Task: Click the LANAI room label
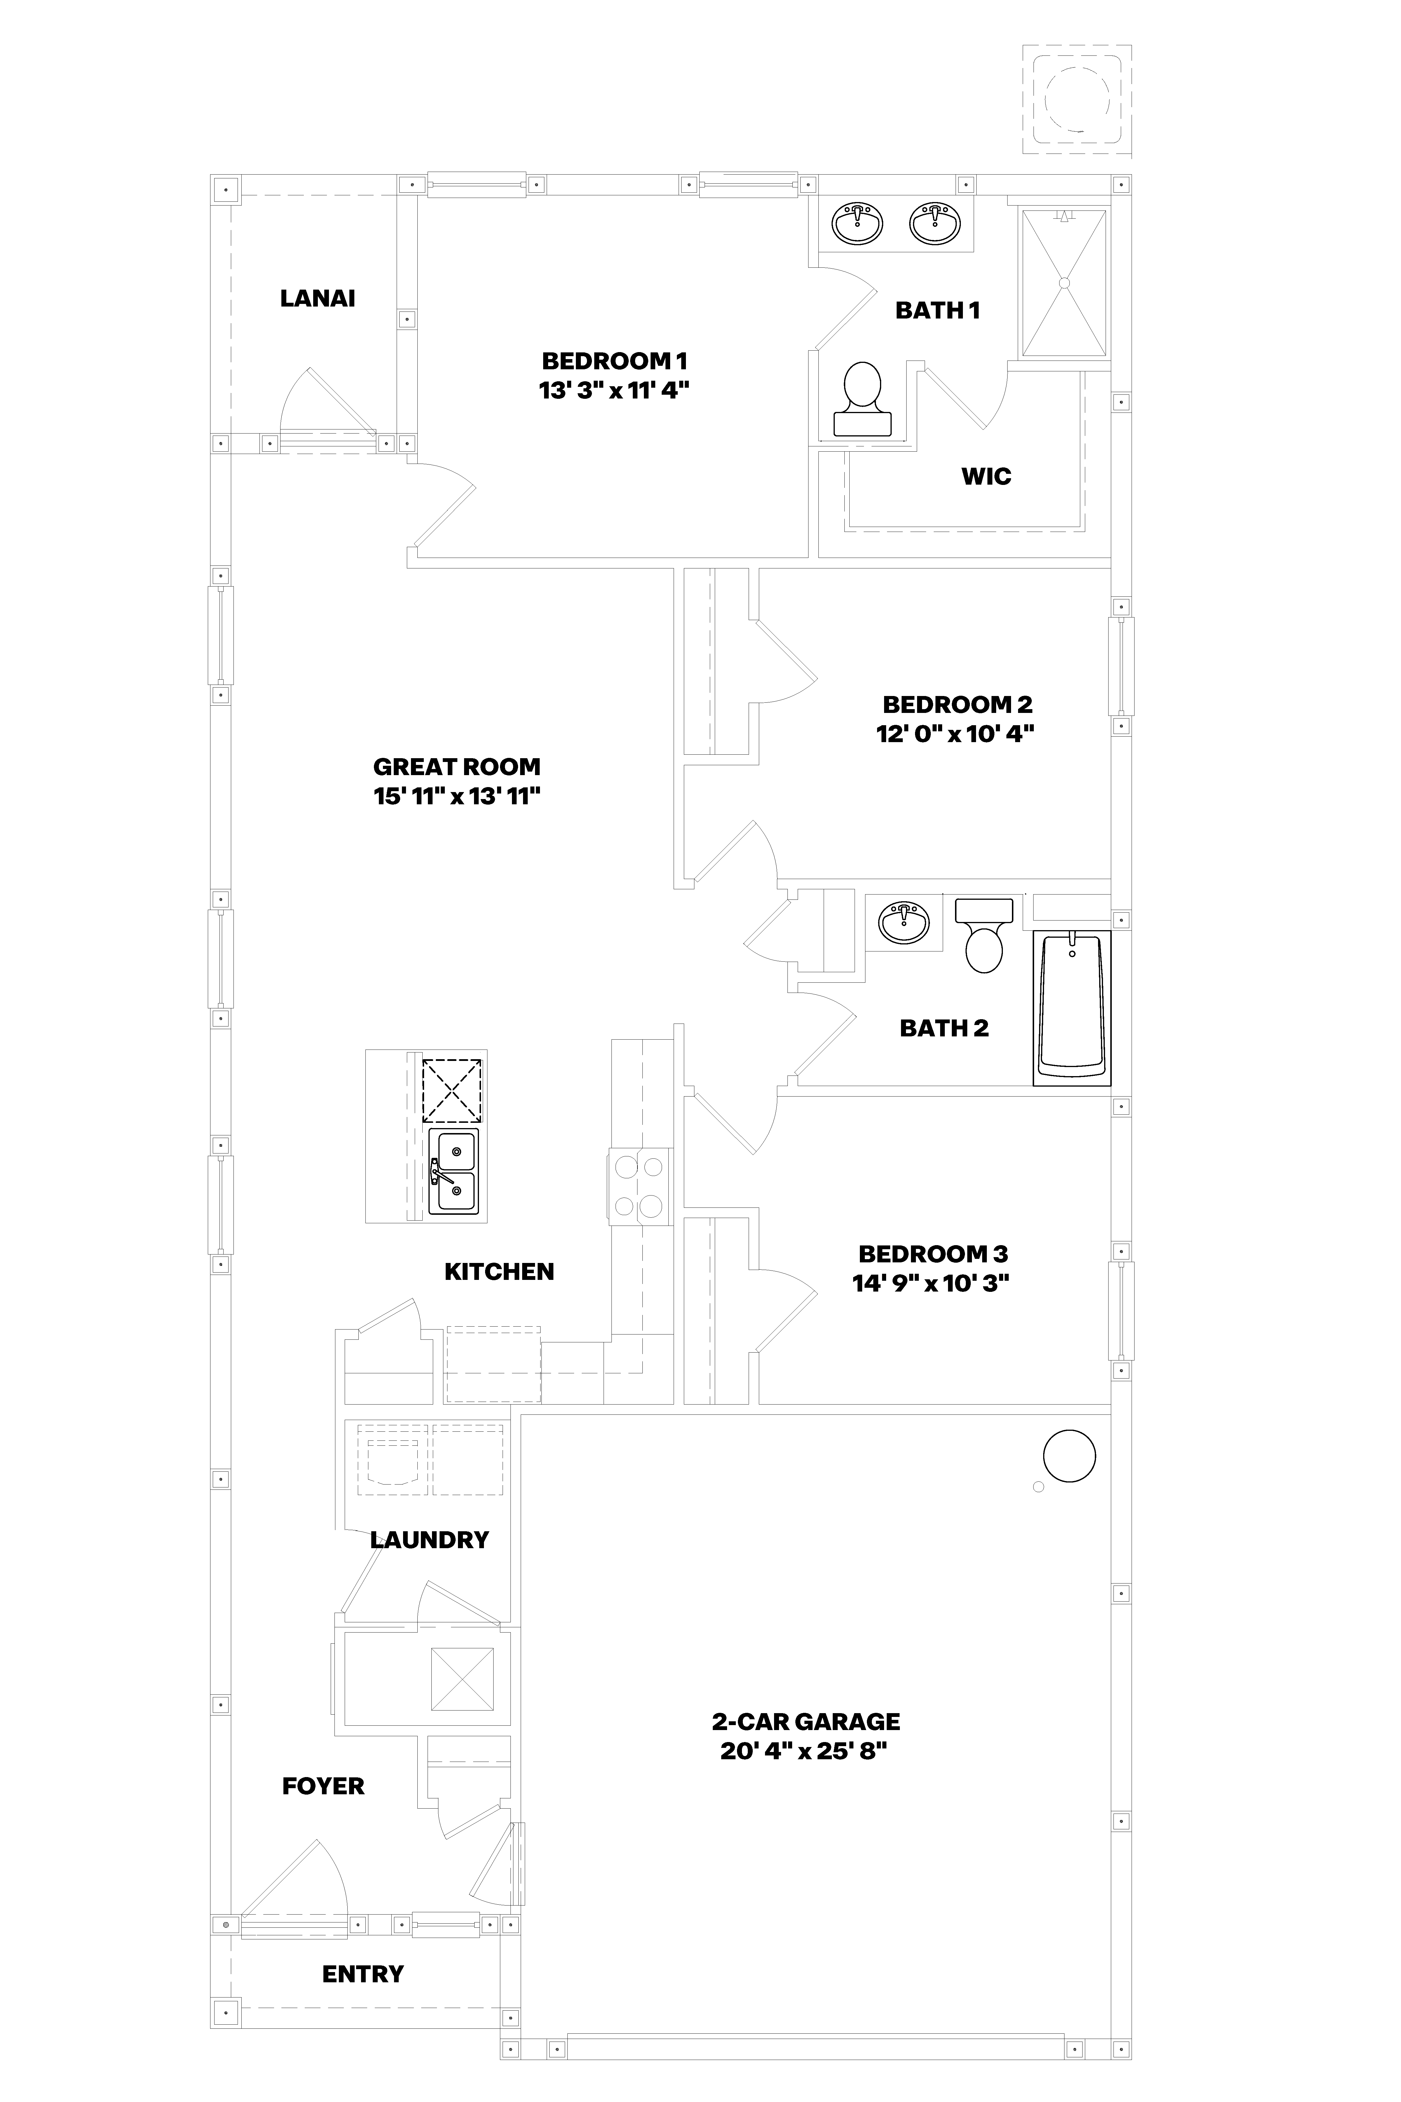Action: (317, 298)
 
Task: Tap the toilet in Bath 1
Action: (862, 399)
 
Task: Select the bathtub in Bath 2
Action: (1072, 1008)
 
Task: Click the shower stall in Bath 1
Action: (1063, 282)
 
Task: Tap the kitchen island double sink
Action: (453, 1171)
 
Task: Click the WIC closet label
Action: (987, 476)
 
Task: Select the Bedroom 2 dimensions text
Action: (955, 734)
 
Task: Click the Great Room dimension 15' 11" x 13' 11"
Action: (457, 796)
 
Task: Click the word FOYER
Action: (323, 1786)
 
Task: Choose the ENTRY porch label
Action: (363, 1973)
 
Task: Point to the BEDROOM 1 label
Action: (615, 361)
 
